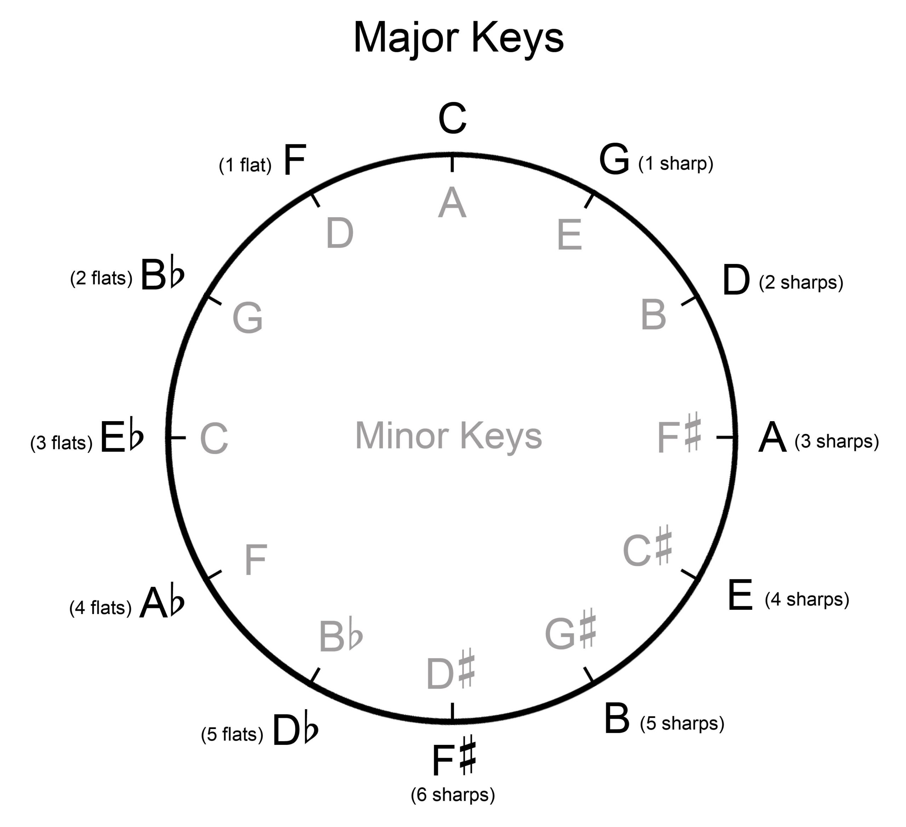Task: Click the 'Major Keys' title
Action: pyautogui.click(x=458, y=38)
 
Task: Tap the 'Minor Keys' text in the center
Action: pyautogui.click(x=448, y=435)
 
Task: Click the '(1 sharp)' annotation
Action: pyautogui.click(x=676, y=163)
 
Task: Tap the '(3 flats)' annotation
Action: pyautogui.click(x=61, y=443)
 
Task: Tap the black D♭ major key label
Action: pyautogui.click(x=295, y=730)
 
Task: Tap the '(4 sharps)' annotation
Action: pyautogui.click(x=807, y=599)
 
